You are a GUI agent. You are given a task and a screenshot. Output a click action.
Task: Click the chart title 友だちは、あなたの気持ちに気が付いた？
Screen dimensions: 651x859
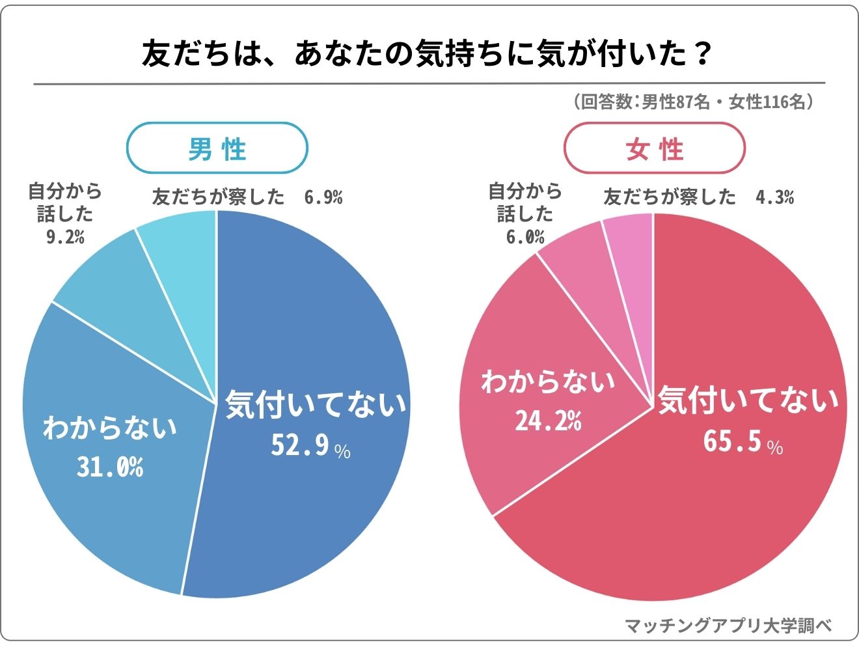tap(426, 55)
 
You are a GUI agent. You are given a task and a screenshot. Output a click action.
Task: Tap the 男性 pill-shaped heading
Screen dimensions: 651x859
tap(217, 149)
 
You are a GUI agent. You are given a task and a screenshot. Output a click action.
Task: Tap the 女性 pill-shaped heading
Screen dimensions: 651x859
tap(653, 149)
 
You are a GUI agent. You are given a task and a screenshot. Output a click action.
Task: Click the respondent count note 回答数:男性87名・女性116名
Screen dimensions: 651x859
tap(692, 102)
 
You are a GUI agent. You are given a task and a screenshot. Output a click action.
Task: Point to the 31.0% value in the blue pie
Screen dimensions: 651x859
tap(110, 467)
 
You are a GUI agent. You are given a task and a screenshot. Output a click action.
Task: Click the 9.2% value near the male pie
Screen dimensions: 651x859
tap(65, 237)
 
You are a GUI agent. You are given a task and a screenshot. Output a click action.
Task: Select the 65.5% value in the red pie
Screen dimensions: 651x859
tap(743, 442)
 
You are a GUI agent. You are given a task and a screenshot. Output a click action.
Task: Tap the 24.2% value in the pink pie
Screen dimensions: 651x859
tap(548, 421)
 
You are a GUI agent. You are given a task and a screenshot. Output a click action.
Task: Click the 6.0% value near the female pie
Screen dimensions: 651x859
tap(525, 237)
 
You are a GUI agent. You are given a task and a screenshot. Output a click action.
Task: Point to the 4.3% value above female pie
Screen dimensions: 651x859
tap(774, 197)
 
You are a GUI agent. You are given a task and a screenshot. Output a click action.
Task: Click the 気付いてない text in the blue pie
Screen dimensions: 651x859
tap(316, 404)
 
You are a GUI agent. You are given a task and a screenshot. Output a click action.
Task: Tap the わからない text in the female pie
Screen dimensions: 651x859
tap(548, 381)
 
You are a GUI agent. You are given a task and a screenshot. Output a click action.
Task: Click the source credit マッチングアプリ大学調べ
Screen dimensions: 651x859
tap(728, 626)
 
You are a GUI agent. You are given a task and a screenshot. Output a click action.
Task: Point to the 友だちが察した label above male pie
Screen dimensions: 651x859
tap(218, 197)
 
